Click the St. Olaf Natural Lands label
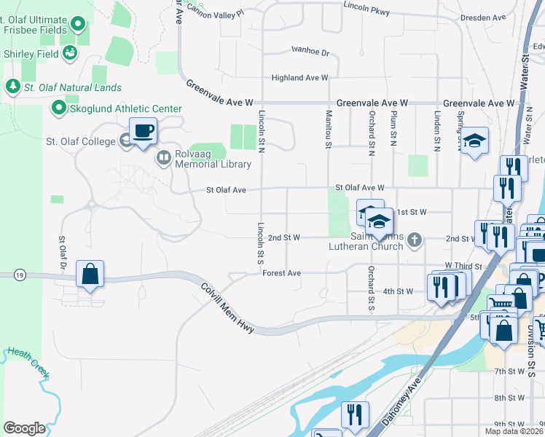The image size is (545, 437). point(71,88)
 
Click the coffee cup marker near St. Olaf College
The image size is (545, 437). point(144,132)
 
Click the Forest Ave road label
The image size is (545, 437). point(281,274)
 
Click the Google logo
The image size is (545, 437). point(24,428)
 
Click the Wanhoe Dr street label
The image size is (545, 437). point(310,52)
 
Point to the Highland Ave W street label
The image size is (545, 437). point(299,77)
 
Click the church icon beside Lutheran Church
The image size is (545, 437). point(415,239)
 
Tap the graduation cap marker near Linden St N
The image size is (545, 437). point(474,143)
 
